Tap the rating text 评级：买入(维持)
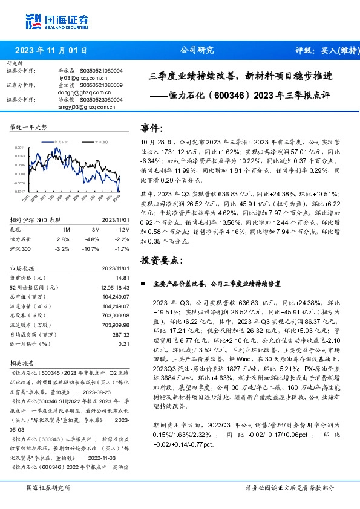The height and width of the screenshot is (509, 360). pyautogui.click(x=326, y=50)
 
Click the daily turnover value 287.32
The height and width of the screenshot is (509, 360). pyautogui.click(x=122, y=334)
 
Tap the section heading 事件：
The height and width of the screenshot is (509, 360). pyautogui.click(x=152, y=128)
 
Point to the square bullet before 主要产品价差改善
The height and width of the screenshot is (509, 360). pyautogui.click(x=142, y=283)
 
